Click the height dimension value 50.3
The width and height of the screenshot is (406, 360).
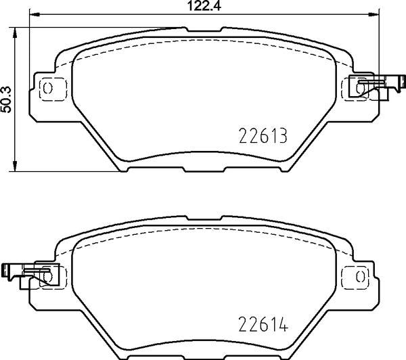[6, 99]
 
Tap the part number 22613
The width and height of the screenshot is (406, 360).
[263, 136]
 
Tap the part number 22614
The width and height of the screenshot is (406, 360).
[263, 325]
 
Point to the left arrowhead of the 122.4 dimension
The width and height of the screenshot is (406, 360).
[35, 14]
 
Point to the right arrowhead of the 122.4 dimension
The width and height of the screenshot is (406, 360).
[374, 14]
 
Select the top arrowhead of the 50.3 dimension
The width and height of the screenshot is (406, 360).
[15, 32]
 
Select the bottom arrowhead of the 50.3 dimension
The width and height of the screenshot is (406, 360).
[15, 166]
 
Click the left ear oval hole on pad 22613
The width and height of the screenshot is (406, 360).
[47, 88]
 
